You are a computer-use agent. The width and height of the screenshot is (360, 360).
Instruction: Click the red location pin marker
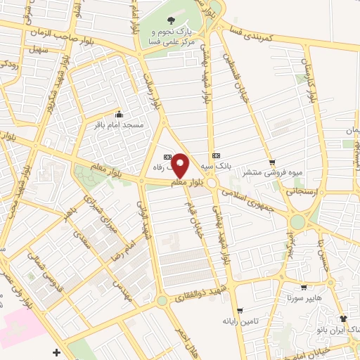[x=180, y=166]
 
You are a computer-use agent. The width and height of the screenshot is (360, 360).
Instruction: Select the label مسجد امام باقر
[x=124, y=124]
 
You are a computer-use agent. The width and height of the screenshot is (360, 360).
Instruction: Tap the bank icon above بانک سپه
[x=215, y=155]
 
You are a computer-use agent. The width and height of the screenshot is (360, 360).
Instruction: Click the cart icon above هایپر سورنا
[x=302, y=288]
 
